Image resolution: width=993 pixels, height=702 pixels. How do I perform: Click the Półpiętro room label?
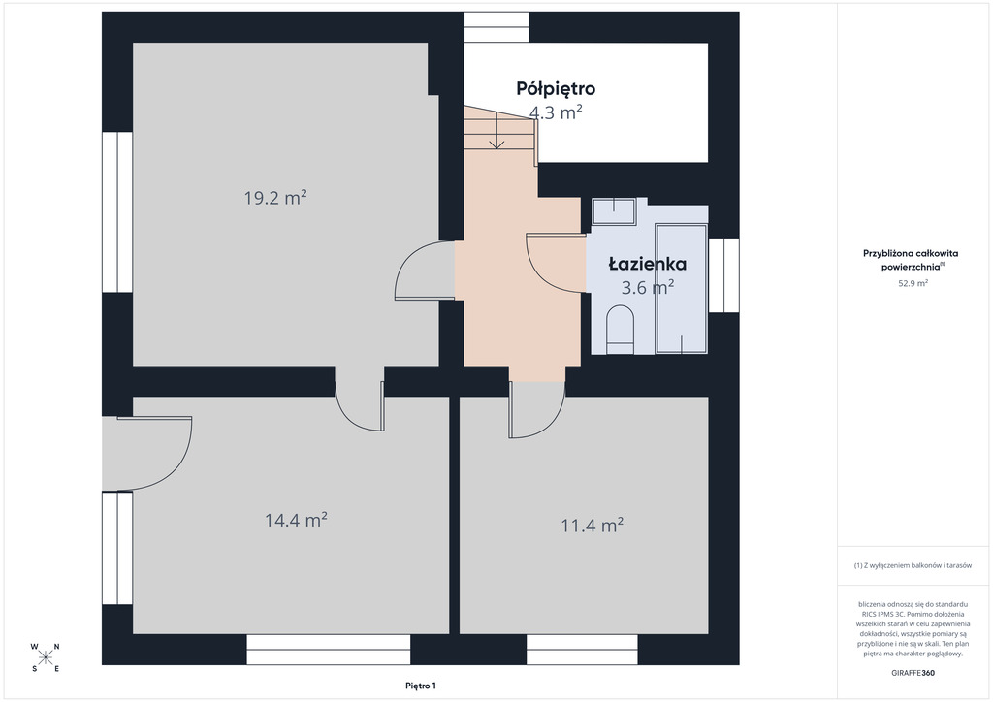556,88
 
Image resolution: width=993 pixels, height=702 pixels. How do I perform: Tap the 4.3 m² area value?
556,112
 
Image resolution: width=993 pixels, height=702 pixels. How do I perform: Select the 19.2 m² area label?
275,198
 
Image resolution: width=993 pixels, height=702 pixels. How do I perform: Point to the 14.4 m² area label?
296,521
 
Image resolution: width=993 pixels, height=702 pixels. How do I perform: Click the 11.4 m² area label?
593,526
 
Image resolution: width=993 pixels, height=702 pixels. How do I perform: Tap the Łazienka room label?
647,264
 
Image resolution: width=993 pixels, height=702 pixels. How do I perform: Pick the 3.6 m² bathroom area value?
647,287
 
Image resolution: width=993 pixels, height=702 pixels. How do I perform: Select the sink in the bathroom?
614,210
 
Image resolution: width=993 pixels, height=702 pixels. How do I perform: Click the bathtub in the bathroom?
682,288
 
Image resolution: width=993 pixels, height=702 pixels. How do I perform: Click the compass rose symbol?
45,657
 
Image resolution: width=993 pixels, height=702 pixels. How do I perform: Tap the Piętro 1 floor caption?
421,686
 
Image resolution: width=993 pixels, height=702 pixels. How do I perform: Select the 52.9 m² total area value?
913,283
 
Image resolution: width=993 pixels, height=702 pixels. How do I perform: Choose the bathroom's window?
723,274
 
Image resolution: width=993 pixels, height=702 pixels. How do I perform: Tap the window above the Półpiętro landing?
496,27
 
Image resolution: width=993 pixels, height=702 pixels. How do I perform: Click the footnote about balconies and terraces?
913,565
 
